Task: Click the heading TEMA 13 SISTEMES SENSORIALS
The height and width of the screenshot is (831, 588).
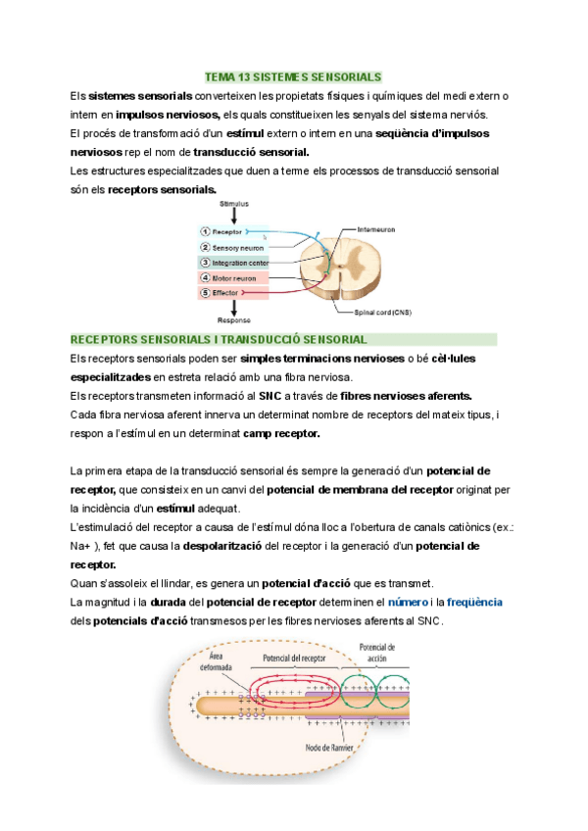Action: click(x=293, y=76)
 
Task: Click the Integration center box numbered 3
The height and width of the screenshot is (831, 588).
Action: click(x=238, y=263)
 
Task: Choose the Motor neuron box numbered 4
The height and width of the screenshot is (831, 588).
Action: click(x=230, y=278)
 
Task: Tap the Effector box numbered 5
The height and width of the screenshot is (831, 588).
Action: click(x=224, y=293)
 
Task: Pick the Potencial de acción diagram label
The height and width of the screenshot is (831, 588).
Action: click(x=377, y=653)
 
